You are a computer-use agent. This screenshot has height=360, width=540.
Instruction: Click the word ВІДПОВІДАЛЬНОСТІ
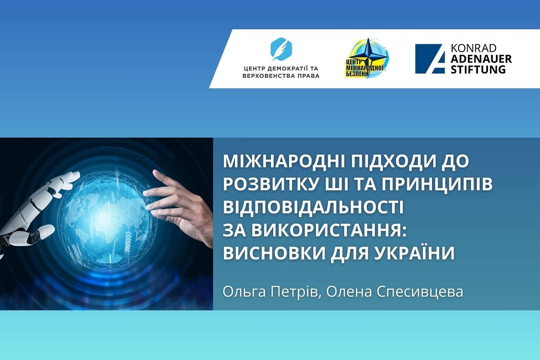(x=313, y=207)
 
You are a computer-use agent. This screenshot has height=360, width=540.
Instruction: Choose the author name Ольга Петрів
(x=271, y=292)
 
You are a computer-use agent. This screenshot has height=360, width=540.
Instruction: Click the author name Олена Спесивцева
(x=395, y=292)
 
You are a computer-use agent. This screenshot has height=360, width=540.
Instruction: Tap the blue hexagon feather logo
(x=281, y=49)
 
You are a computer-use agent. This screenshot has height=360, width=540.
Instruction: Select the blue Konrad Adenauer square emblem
(x=430, y=58)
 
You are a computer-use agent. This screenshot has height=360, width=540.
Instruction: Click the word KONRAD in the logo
(x=473, y=48)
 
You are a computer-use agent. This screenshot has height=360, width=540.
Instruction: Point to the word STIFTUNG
(x=478, y=69)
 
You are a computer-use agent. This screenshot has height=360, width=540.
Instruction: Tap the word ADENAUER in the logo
(x=481, y=58)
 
